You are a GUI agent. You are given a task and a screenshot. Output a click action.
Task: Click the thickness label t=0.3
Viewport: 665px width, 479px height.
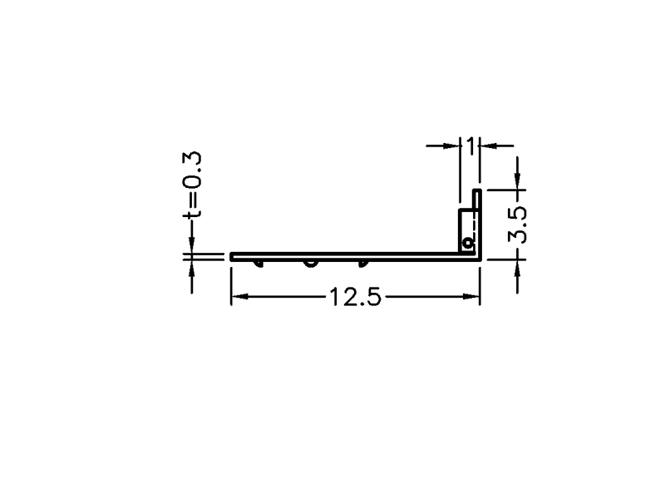[192, 185]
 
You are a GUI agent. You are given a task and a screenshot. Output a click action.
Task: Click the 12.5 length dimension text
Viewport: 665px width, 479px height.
[356, 297]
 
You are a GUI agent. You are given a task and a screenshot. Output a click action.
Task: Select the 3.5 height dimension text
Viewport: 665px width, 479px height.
[517, 225]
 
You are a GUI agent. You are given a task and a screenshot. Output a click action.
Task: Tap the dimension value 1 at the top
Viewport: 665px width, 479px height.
[470, 146]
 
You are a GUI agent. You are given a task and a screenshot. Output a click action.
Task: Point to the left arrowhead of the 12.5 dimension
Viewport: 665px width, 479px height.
[239, 297]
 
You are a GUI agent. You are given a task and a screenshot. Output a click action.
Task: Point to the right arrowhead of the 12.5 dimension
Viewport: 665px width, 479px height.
[471, 297]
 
